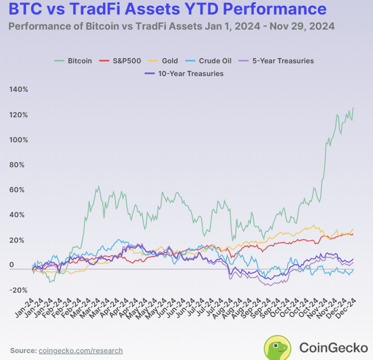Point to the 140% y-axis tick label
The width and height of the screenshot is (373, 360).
[x=19, y=89]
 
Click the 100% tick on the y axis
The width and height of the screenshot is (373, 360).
[x=19, y=140]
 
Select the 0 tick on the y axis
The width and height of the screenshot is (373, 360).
[x=12, y=265]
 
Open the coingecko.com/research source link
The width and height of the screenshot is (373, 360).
[x=81, y=351]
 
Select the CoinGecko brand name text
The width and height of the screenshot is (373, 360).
[x=333, y=347]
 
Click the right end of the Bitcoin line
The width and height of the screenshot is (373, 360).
[x=353, y=108]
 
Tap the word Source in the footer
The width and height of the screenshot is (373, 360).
[x=23, y=351]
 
